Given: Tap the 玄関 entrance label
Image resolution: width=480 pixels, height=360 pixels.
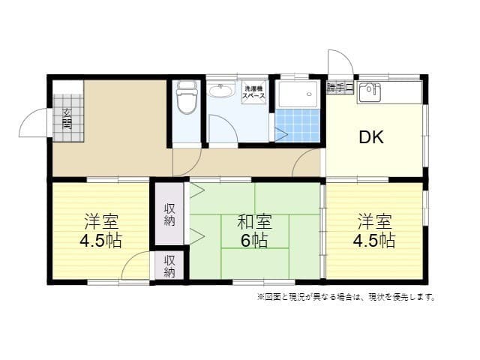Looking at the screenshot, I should tap(67, 118).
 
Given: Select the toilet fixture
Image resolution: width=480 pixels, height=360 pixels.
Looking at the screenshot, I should tap(186, 97).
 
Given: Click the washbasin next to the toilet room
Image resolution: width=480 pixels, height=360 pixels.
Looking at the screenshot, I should tap(220, 91).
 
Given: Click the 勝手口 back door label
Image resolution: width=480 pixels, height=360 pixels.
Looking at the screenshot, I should tap(339, 88).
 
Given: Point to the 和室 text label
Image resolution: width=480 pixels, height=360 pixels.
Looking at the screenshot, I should tap(254, 222).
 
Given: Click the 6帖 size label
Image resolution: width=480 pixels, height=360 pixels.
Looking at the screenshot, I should tap(254, 241).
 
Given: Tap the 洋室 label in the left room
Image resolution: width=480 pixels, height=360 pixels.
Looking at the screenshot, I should tap(101, 222).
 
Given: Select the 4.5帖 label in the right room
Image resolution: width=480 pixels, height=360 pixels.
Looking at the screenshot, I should tap(375, 241).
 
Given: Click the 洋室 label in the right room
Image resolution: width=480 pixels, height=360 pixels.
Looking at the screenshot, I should tap(375, 222).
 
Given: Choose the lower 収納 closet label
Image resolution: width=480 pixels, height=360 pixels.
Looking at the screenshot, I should tap(169, 266).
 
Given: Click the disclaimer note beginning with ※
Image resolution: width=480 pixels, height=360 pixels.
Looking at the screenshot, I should tap(346, 297).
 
